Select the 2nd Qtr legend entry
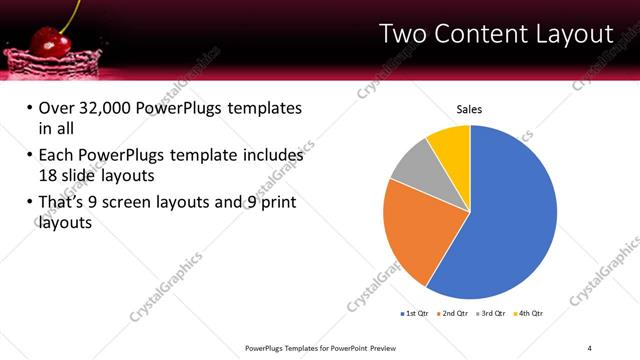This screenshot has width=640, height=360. [455, 314]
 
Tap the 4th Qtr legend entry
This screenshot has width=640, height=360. [531, 314]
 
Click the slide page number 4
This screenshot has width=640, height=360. [590, 347]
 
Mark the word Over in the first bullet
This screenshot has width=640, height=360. [58, 108]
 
